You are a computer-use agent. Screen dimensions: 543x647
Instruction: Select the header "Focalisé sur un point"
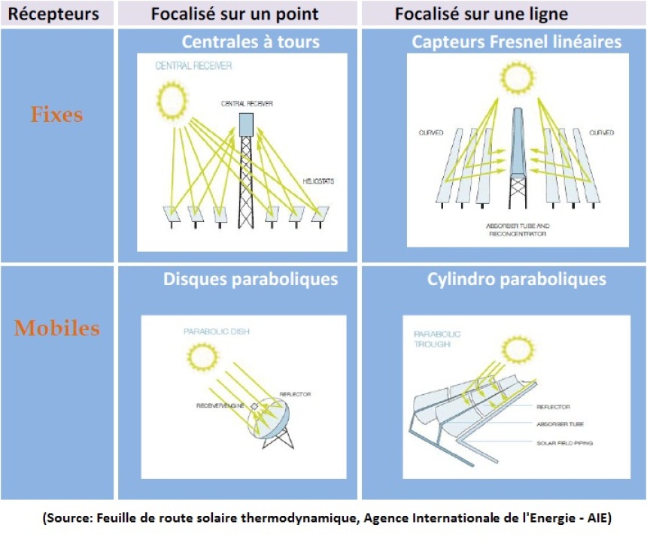tap(235, 14)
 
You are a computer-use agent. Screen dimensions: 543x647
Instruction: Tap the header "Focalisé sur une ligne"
tap(481, 14)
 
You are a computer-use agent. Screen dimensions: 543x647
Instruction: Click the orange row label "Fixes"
tap(56, 115)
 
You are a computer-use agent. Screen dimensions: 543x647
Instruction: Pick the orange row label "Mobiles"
tap(56, 328)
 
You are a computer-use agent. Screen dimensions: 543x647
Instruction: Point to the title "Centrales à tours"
tap(251, 42)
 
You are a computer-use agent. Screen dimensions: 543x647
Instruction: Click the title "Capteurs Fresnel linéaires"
tap(517, 42)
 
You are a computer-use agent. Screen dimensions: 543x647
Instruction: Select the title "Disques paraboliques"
tap(251, 280)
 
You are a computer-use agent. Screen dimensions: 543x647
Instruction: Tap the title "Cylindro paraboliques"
tap(517, 280)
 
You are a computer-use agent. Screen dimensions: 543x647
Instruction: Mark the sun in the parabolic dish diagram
tap(202, 355)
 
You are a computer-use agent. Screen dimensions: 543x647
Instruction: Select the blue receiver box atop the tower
tap(246, 124)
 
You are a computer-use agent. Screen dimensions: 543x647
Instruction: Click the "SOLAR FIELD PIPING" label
tap(566, 443)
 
